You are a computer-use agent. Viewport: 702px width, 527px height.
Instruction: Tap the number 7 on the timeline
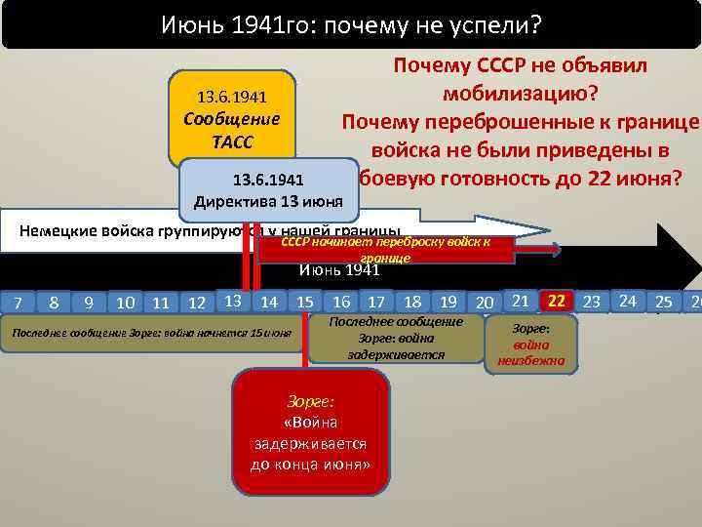coord(18,303)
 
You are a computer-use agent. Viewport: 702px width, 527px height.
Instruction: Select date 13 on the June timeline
coord(231,301)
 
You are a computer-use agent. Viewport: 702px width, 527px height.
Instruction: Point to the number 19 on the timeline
coord(448,303)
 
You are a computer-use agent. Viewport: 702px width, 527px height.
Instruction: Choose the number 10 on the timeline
coord(125,303)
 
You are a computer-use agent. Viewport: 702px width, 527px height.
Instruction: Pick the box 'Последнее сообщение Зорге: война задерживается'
coord(396,338)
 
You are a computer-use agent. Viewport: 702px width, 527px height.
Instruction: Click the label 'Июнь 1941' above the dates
coord(338,270)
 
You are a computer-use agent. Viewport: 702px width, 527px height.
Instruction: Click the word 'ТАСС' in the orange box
coord(232,142)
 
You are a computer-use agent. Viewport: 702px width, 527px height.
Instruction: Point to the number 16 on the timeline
coord(342,303)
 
